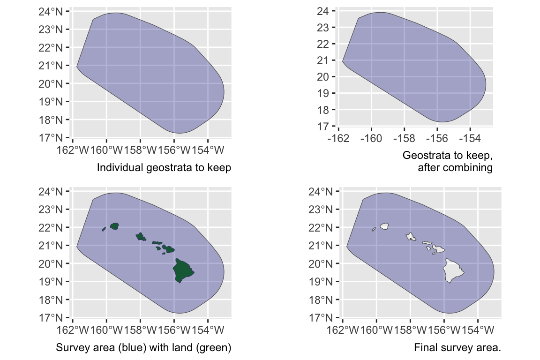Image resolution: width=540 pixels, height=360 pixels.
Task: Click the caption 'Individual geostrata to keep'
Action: [164, 167]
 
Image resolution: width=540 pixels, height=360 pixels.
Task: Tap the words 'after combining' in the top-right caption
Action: [455, 167]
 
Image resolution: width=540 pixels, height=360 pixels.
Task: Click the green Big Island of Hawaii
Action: [182, 270]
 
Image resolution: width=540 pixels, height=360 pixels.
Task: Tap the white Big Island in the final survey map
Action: [452, 270]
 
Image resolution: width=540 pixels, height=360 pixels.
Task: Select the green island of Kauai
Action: [114, 226]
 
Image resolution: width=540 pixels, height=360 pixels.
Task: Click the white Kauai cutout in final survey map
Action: [385, 226]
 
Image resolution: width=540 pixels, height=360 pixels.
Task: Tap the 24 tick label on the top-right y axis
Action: [323, 11]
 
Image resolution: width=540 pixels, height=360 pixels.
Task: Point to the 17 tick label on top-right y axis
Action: [323, 126]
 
